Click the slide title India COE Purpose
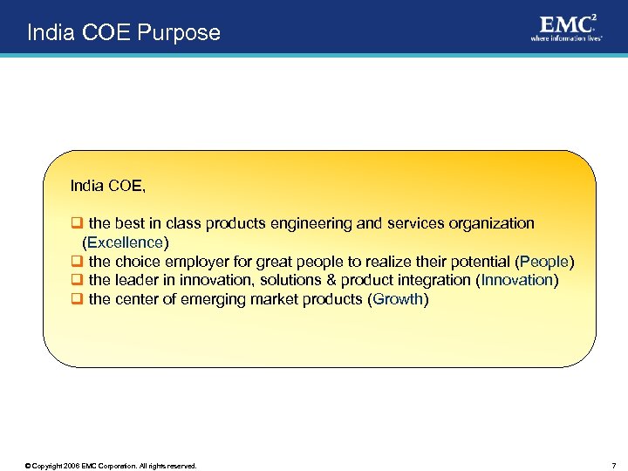(124, 33)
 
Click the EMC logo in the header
(567, 23)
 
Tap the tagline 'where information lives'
(566, 38)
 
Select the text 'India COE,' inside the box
(108, 186)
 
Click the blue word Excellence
(125, 242)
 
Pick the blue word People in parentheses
(544, 262)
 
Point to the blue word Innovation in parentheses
(517, 281)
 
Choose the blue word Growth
(398, 300)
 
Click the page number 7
(613, 466)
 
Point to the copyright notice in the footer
(111, 466)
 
